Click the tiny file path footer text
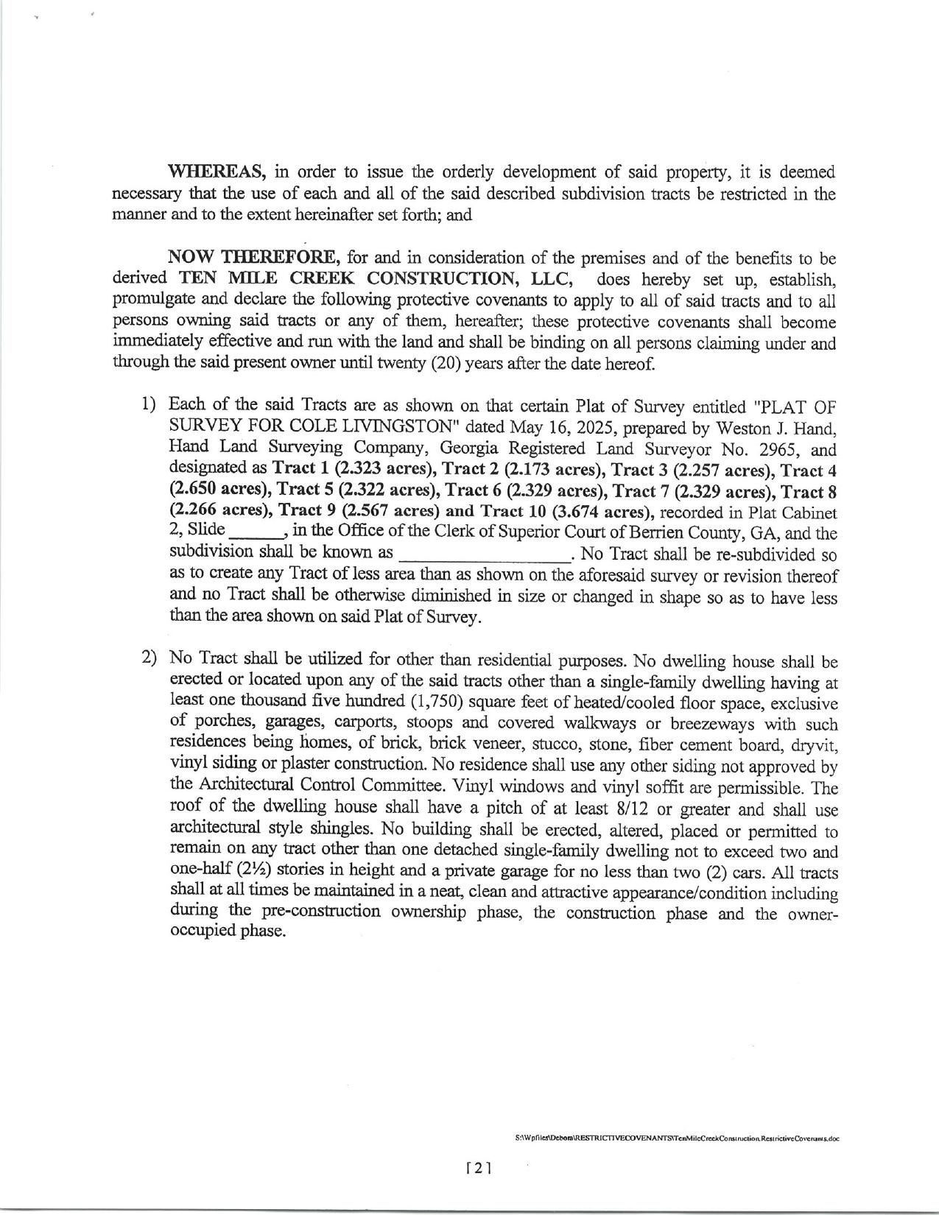point(678,1138)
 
